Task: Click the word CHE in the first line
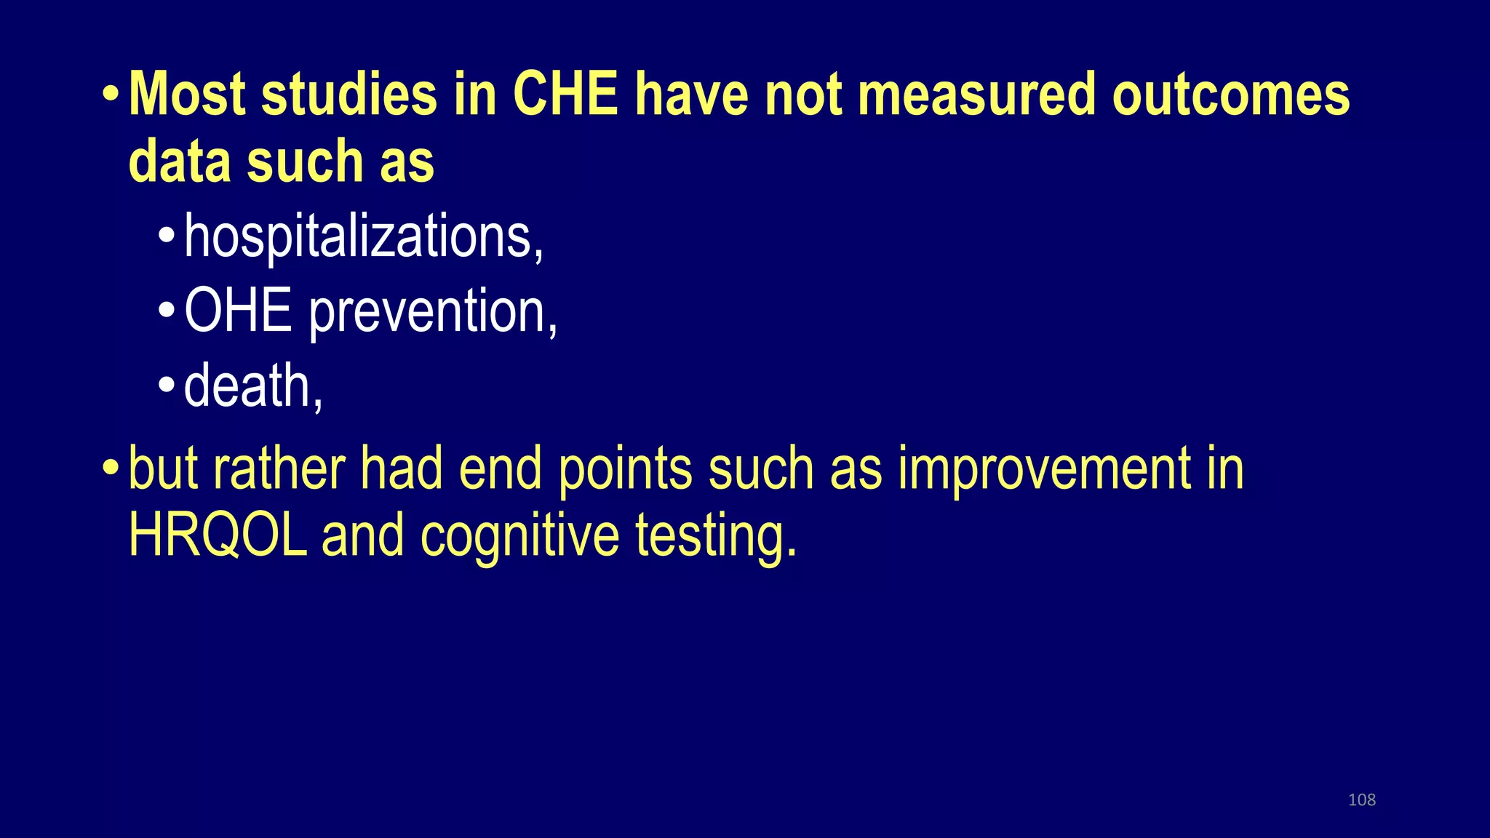565,95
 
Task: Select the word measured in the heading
976,95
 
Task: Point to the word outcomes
1231,95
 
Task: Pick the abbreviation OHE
238,311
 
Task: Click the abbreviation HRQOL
218,535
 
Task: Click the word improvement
1044,469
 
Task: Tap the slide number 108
1361,800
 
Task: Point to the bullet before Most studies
111,95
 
